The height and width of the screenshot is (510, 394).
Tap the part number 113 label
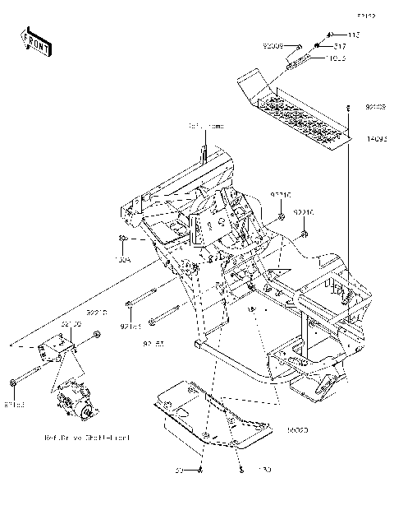point(354,35)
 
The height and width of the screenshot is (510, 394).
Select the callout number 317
point(338,46)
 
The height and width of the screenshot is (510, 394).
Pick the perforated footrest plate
point(295,111)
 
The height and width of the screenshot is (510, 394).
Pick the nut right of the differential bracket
point(97,335)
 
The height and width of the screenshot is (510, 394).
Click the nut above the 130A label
point(123,239)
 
